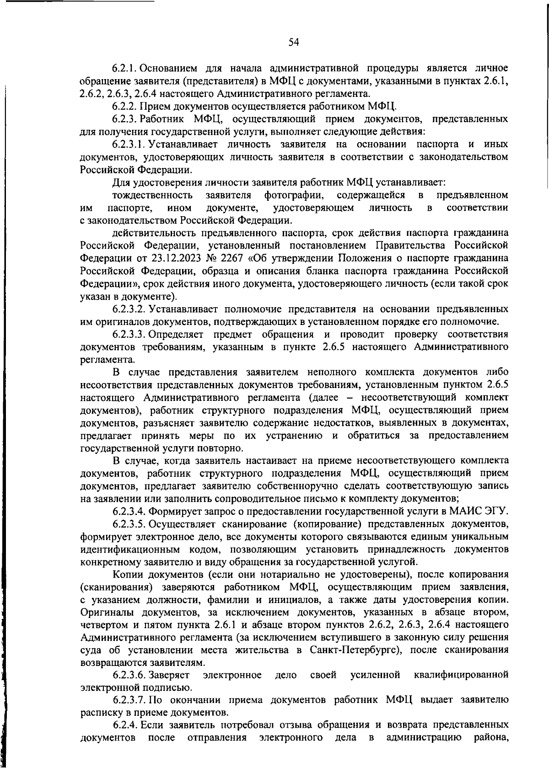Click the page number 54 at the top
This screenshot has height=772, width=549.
click(293, 43)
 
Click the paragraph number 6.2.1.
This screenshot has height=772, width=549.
click(124, 69)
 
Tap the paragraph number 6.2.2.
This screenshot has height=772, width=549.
click(124, 107)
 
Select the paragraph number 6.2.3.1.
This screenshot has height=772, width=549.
click(129, 144)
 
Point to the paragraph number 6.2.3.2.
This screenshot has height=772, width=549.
click(129, 308)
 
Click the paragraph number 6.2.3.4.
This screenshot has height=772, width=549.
click(129, 511)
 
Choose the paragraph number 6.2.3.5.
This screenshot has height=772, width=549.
click(129, 523)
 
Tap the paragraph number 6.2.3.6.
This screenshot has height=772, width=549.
click(129, 675)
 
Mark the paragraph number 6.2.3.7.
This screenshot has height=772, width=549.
click(129, 700)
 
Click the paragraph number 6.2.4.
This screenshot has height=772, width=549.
click(124, 725)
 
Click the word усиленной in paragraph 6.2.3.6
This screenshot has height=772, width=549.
click(375, 675)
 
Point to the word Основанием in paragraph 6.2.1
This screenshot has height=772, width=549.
click(166, 69)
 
